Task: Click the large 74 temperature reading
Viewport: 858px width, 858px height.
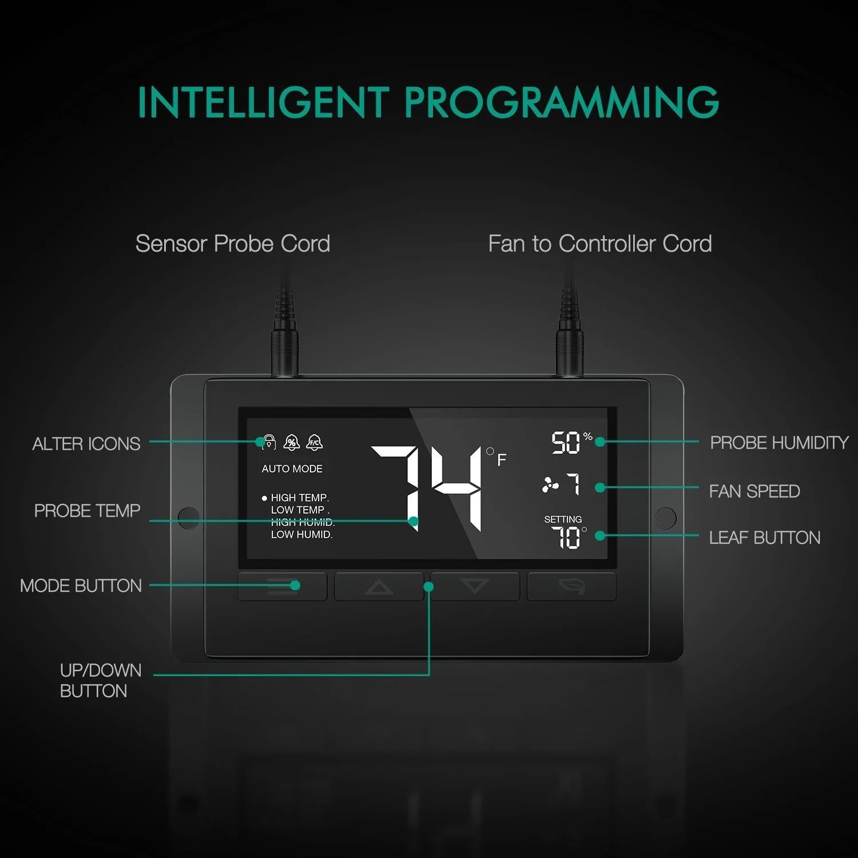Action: point(427,488)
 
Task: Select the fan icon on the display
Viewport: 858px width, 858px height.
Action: point(550,485)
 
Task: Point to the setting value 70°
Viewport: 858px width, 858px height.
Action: point(569,537)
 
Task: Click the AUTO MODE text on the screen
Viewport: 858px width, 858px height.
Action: point(292,469)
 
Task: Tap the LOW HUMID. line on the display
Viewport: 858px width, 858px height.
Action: point(301,534)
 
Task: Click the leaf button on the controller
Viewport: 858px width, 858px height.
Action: point(571,586)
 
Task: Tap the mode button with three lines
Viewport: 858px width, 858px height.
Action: point(283,586)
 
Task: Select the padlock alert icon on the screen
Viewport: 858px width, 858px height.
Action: point(268,442)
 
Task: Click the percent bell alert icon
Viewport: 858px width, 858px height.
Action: point(292,442)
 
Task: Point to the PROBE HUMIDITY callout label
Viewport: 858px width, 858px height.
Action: point(779,443)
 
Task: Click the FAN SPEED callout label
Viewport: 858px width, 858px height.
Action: point(754,491)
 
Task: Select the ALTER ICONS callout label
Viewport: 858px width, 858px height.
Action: point(86,444)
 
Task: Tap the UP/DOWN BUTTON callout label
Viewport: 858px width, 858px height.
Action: point(101,681)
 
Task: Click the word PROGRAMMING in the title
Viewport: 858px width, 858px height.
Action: point(562,102)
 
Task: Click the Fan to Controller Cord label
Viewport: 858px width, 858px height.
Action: point(600,244)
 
